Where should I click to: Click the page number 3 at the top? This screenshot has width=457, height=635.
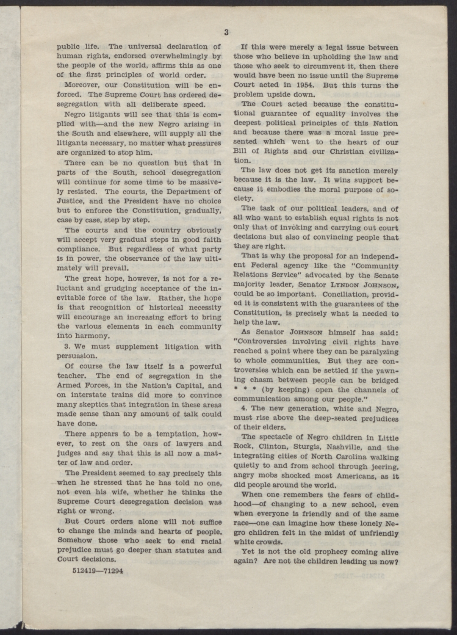tap(227, 32)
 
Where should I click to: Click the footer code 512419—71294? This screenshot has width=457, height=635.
tap(97, 570)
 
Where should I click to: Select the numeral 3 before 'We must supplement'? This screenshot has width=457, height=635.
tap(67, 346)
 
